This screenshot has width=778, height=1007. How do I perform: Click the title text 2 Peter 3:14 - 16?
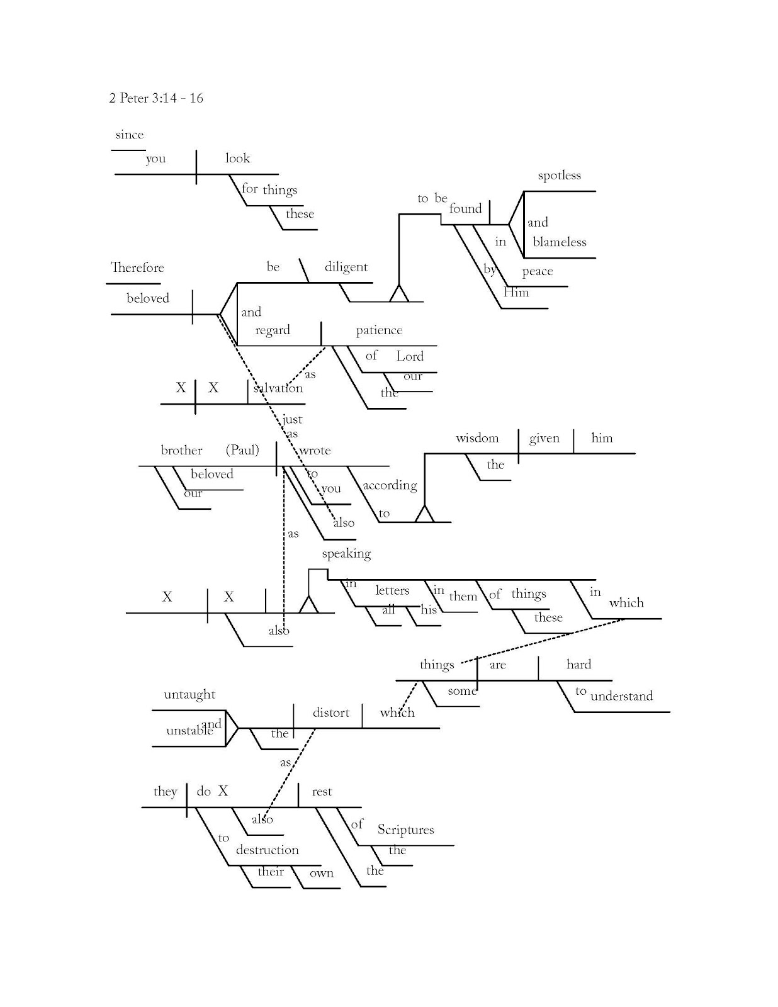155,98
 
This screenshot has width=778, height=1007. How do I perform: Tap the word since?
129,135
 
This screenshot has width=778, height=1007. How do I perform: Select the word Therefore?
137,267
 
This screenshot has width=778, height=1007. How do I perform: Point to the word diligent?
346,267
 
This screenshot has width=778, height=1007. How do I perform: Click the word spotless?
559,176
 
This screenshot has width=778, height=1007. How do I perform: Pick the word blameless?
559,242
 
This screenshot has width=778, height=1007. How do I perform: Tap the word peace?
537,272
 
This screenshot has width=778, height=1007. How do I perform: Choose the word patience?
378,330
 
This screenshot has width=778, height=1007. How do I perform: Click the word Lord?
410,357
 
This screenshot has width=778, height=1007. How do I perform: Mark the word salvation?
278,388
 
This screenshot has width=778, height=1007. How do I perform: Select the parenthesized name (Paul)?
242,450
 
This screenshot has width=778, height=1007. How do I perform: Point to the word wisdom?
477,438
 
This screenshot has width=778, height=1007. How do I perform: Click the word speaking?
346,554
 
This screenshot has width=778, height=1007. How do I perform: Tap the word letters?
392,590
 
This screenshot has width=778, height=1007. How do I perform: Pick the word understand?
621,696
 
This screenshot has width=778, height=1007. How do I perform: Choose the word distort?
330,712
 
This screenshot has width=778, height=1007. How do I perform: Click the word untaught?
189,695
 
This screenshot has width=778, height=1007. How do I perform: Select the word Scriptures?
405,830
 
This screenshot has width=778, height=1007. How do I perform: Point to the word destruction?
267,850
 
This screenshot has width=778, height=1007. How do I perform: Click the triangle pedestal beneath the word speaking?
308,605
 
